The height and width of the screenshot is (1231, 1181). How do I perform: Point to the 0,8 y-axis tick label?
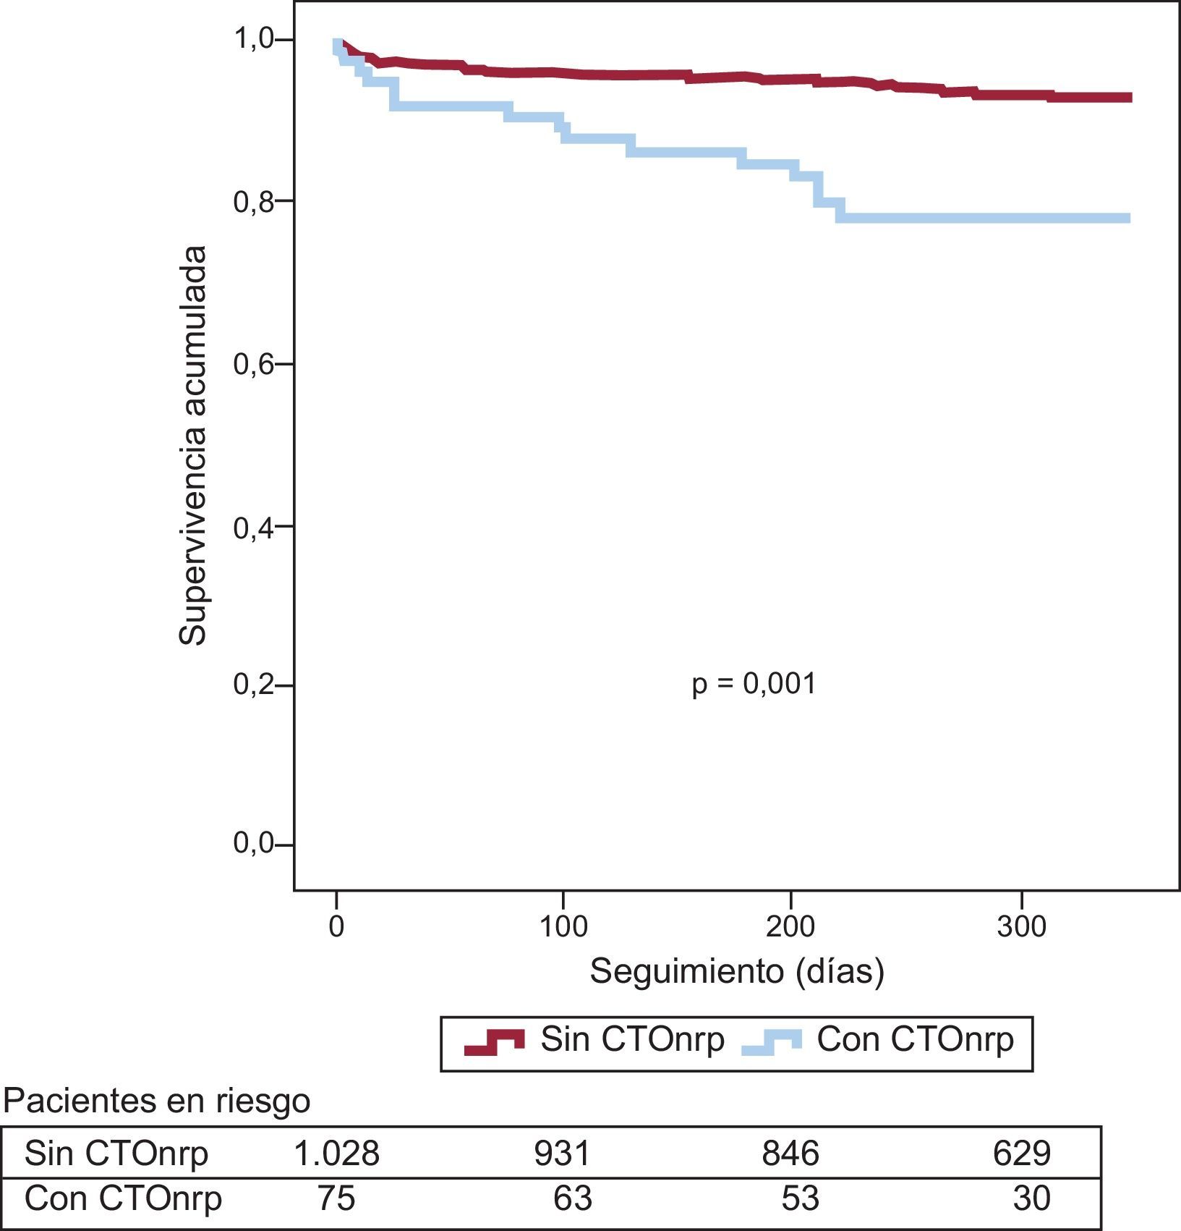point(254,202)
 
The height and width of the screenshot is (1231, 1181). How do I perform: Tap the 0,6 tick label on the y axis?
point(254,364)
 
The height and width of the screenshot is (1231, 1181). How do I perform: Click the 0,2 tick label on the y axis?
point(254,684)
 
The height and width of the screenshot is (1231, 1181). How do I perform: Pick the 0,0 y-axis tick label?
point(254,844)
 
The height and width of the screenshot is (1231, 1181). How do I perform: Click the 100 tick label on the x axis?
point(564,926)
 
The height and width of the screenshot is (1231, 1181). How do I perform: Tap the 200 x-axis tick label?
point(791,926)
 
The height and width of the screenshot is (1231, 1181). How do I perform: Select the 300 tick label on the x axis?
point(1021,926)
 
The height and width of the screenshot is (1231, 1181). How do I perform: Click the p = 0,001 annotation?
point(754,684)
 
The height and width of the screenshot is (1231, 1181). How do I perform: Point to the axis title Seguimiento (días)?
point(737,971)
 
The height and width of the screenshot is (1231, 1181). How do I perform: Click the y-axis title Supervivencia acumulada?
point(193,445)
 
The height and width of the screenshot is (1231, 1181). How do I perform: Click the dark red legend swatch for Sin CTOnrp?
point(494,1041)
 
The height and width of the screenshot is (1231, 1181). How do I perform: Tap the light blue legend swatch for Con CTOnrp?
point(772,1041)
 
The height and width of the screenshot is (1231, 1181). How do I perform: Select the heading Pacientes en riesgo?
point(157,1101)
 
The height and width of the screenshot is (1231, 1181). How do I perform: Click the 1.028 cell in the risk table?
point(336,1153)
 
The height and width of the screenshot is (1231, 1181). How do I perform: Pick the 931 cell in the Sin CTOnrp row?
point(563,1153)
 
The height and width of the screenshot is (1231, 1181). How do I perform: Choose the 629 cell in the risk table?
point(1021,1153)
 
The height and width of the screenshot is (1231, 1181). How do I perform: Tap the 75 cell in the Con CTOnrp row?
point(336,1198)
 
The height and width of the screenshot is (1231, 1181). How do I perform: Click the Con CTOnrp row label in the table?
point(123,1198)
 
